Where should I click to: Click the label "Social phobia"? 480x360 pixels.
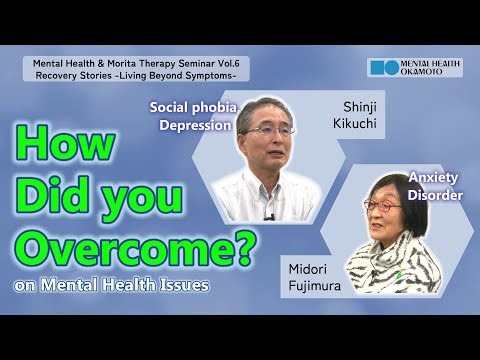[195, 107]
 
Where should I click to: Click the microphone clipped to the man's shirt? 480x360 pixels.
[268, 216]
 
